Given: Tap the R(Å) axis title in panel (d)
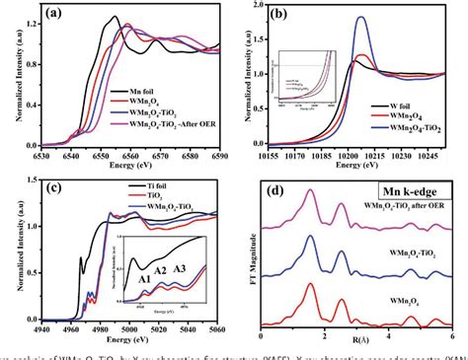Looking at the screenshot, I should [351, 340].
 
